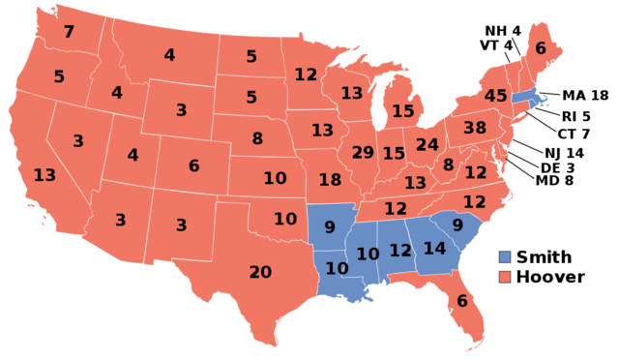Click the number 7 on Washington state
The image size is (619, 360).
coord(69,32)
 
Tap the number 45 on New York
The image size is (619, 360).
coord(495,96)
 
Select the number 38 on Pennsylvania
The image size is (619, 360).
coord(475,128)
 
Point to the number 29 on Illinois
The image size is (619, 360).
coord(363,153)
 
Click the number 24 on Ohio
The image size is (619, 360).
coord(427,145)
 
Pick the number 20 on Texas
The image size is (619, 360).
coord(260,273)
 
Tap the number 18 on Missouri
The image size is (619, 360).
coord(330,180)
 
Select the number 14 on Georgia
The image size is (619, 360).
coord(434,249)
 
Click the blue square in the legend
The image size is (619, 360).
coord(504,257)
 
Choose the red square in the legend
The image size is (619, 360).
coord(504,278)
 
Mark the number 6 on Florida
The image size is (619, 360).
coord(462,301)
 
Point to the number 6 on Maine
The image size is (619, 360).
coord(541,49)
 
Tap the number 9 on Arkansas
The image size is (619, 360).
coord(330,228)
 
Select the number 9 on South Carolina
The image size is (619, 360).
coord(457,225)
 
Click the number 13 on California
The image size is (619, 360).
coord(44,175)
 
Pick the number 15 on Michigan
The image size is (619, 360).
coord(403,111)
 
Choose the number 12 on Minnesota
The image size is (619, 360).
coord(306,75)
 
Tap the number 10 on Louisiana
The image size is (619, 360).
coord(337,269)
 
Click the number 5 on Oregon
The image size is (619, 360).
coord(59,76)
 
